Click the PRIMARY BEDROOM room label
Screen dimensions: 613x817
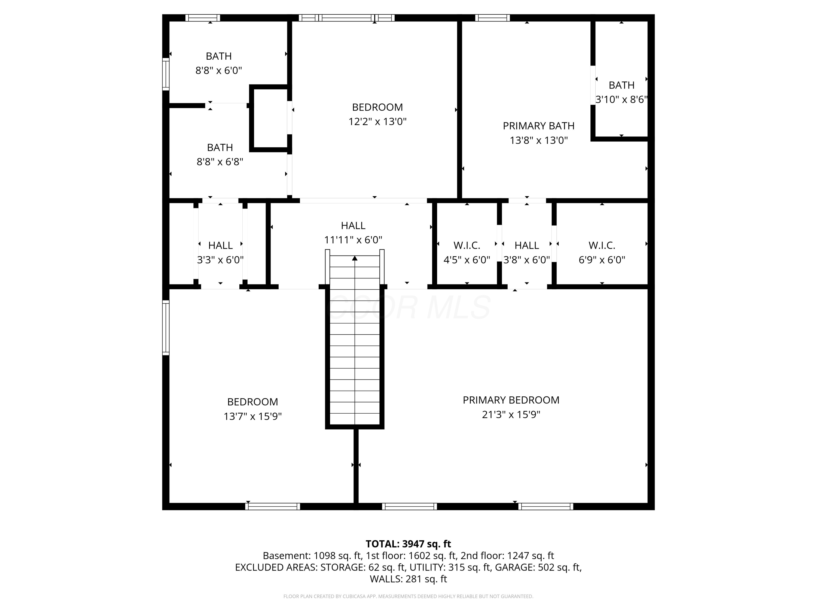click(511, 400)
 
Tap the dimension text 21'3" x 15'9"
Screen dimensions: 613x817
click(511, 415)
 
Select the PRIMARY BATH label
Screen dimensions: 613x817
click(538, 126)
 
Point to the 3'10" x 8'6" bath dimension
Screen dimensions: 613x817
click(621, 99)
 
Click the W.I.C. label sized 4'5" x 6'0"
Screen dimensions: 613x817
click(467, 245)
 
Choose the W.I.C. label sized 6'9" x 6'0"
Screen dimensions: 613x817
click(602, 245)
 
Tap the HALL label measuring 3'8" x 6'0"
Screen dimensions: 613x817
click(527, 245)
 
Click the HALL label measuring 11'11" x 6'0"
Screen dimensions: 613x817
click(353, 225)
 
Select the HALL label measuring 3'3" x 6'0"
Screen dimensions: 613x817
click(220, 245)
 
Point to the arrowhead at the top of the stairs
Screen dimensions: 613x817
click(355, 258)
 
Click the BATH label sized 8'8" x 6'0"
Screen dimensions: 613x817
click(219, 56)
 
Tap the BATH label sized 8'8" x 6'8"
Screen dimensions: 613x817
click(220, 147)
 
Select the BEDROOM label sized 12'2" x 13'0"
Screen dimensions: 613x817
click(377, 107)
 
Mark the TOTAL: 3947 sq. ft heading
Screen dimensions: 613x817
click(408, 544)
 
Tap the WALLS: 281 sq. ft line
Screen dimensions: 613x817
click(408, 579)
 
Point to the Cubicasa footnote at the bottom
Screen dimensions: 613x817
click(408, 596)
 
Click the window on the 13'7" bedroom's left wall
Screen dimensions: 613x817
click(166, 328)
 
